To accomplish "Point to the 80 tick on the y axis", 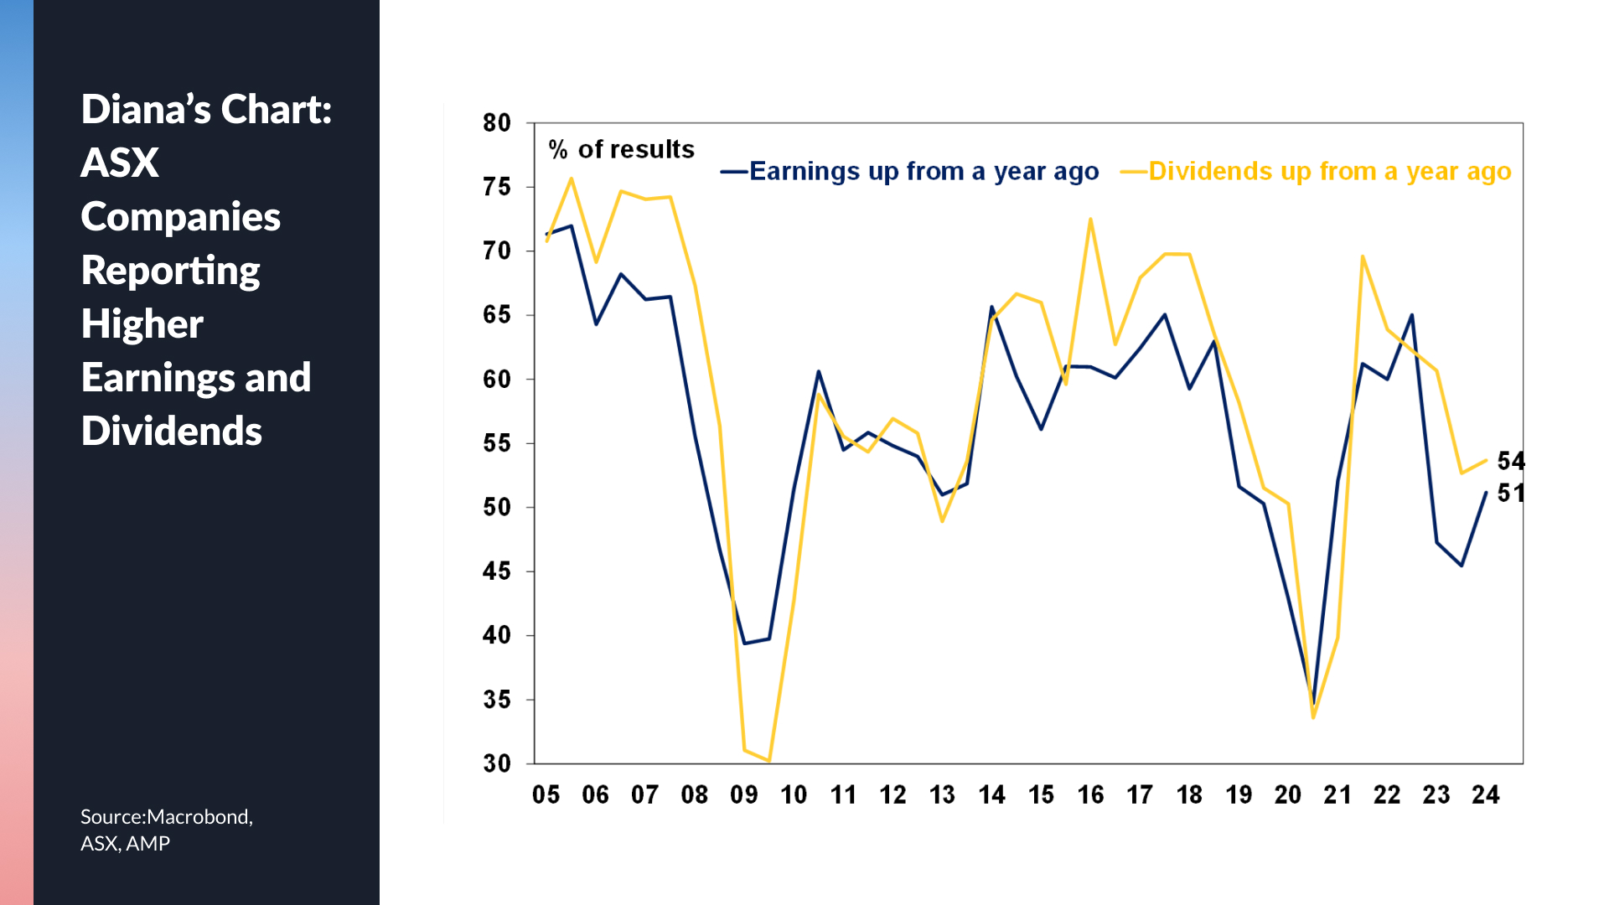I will [x=497, y=123].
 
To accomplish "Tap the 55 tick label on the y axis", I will [x=497, y=443].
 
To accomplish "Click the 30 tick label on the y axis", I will [x=497, y=763].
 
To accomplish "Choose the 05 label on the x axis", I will [x=546, y=794].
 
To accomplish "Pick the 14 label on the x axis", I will [x=992, y=794].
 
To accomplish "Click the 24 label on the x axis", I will [x=1486, y=794].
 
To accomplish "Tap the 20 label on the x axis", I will [x=1288, y=794].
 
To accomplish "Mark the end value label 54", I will [x=1511, y=461].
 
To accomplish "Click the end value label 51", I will [x=1511, y=493].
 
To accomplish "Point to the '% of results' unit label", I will [x=621, y=150].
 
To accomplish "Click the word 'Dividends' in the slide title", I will [x=172, y=432].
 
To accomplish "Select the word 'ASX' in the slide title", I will [x=120, y=163].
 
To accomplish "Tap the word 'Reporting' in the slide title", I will [x=171, y=271].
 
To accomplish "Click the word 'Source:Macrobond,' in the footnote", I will [x=167, y=817].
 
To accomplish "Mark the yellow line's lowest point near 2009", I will [x=768, y=760].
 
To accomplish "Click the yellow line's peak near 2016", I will [x=1090, y=220].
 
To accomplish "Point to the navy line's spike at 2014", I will [x=991, y=308].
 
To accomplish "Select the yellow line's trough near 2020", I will [x=1313, y=717].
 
